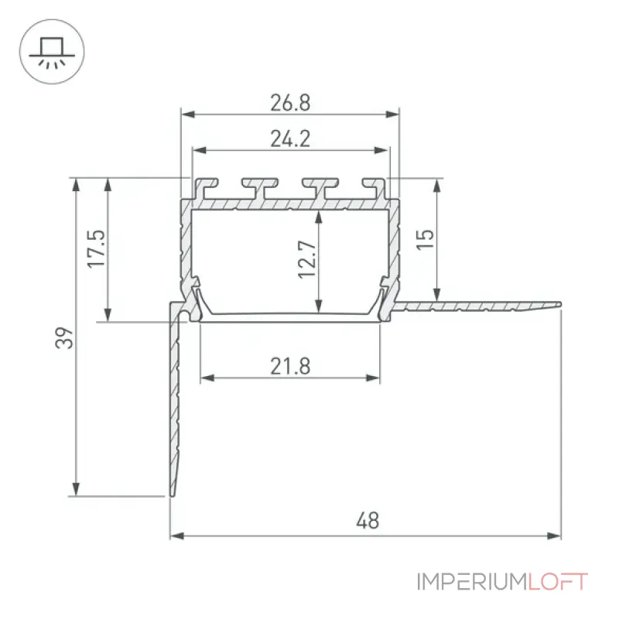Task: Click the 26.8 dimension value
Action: pyautogui.click(x=290, y=103)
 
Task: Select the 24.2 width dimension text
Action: pyautogui.click(x=290, y=139)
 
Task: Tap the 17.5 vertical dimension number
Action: pyautogui.click(x=97, y=248)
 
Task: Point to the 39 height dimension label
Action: pyautogui.click(x=64, y=338)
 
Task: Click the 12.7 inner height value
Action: pyautogui.click(x=307, y=259)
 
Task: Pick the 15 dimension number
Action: pyautogui.click(x=425, y=239)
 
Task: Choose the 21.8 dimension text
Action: pyautogui.click(x=290, y=366)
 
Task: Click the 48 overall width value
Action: pyautogui.click(x=368, y=520)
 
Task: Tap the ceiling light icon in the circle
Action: pyautogui.click(x=52, y=52)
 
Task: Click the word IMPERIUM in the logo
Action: pyautogui.click(x=472, y=582)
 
